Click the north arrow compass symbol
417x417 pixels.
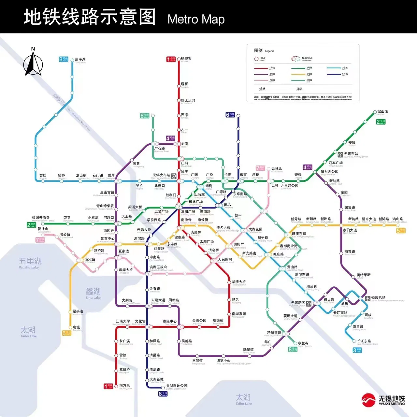click(33, 63)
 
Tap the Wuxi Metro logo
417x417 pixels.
click(383, 400)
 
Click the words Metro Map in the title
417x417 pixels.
click(196, 19)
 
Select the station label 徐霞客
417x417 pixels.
click(186, 59)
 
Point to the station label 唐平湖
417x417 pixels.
click(80, 60)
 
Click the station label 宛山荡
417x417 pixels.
click(382, 112)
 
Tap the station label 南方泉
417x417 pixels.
click(125, 386)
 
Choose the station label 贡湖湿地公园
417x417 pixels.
click(177, 386)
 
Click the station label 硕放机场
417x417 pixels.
click(378, 298)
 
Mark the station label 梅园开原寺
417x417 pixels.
click(41, 218)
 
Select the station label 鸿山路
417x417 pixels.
click(397, 219)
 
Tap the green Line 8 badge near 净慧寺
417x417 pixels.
click(293, 349)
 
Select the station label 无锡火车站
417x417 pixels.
click(161, 175)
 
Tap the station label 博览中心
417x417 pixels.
click(223, 361)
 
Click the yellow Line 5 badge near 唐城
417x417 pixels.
click(66, 333)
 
